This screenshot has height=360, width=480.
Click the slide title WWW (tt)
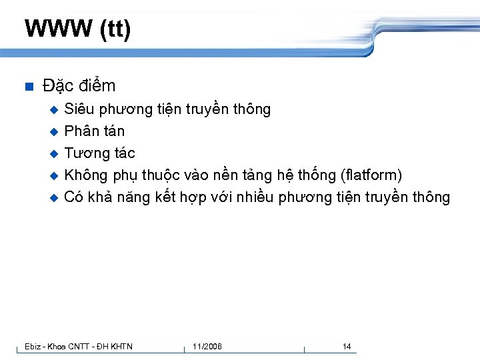77,30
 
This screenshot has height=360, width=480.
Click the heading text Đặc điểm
79,86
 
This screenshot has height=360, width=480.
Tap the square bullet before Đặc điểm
28,87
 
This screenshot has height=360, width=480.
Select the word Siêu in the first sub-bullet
79,109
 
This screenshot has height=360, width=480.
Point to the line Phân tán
94,131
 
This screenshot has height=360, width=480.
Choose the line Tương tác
99,153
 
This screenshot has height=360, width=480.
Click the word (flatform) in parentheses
371,175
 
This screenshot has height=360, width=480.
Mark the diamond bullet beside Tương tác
55,154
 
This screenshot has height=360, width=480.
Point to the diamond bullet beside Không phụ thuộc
55,176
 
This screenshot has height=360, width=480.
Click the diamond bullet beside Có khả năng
55,198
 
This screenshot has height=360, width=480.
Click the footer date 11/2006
207,347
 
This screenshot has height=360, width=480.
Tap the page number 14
347,347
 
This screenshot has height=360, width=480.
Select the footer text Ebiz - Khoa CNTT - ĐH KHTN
78,347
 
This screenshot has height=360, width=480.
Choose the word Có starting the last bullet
73,197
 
